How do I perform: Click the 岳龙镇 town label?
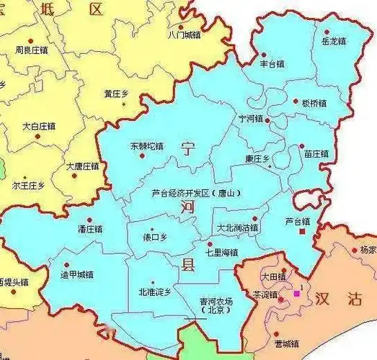click(x=334, y=42)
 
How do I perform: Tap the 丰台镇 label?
click(x=272, y=63)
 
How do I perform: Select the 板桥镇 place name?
click(x=314, y=103)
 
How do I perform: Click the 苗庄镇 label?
click(x=316, y=154)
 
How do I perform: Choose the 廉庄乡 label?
click(x=257, y=158)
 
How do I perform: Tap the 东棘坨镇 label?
click(x=147, y=145)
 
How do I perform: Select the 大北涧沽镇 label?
click(x=238, y=228)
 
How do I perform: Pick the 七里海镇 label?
click(x=222, y=252)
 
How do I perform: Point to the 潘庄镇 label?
click(x=90, y=229)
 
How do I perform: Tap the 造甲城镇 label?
click(x=77, y=274)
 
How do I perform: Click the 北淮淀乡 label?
click(x=155, y=292)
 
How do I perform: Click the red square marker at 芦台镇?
click(x=303, y=232)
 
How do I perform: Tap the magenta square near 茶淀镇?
click(x=296, y=293)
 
